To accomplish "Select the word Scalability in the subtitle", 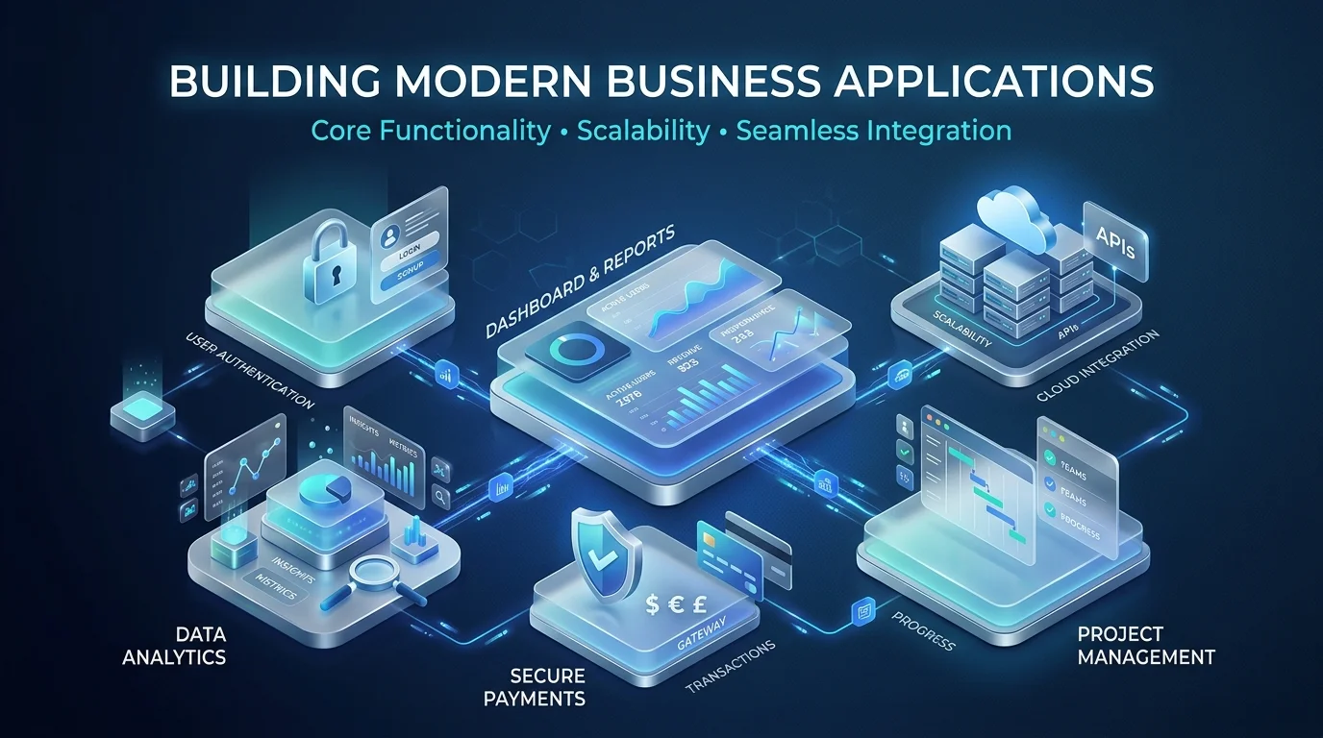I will coord(642,130).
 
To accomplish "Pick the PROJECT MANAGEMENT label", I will coord(1145,646).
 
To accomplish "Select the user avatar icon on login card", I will coord(390,235).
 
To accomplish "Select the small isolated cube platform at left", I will coord(142,415).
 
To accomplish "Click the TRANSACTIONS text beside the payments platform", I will coord(731,667).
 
